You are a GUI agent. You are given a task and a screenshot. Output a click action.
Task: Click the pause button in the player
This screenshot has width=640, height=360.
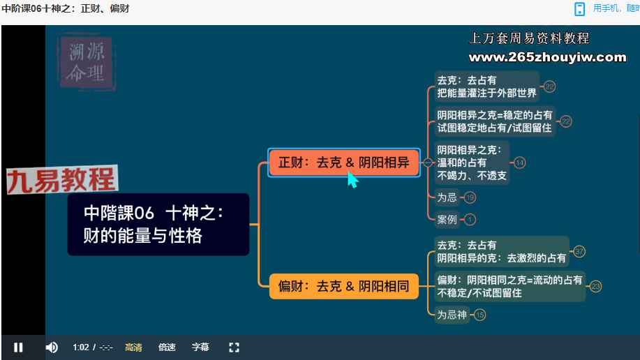18,347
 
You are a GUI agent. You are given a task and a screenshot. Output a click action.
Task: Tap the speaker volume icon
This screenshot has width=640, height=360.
52,347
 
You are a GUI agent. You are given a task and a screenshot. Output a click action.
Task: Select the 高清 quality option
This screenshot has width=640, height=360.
133,347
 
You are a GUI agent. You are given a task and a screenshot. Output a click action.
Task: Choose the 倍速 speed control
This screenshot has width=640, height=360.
167,347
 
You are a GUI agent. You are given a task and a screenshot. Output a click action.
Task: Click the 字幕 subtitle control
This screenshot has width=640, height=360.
200,347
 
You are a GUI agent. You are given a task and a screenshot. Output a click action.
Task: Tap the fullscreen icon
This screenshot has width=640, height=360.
234,347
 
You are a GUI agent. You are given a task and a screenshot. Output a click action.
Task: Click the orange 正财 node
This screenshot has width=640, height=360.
343,163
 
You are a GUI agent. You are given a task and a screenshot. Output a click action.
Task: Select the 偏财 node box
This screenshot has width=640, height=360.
343,286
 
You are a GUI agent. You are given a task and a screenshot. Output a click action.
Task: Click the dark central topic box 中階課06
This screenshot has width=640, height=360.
158,225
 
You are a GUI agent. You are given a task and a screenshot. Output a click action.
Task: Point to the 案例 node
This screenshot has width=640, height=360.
447,220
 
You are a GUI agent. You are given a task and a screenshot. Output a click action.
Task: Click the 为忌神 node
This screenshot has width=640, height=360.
452,315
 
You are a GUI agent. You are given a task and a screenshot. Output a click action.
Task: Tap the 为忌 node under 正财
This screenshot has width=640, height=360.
447,197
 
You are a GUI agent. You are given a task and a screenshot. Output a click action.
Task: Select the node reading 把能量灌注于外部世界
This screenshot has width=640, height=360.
486,87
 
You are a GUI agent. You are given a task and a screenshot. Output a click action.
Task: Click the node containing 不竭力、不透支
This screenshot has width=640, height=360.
472,163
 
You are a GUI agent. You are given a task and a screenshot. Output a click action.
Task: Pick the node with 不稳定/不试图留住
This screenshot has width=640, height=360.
509,287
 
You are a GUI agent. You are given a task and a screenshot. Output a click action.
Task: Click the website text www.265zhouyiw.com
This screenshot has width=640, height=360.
547,57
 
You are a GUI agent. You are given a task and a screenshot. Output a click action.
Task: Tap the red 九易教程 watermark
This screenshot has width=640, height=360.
62,179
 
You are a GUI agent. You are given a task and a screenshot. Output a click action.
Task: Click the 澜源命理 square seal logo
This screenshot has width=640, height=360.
87,62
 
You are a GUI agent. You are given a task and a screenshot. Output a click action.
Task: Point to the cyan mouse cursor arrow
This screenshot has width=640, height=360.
352,179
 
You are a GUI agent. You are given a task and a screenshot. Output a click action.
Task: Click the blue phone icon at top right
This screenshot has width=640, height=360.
579,9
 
